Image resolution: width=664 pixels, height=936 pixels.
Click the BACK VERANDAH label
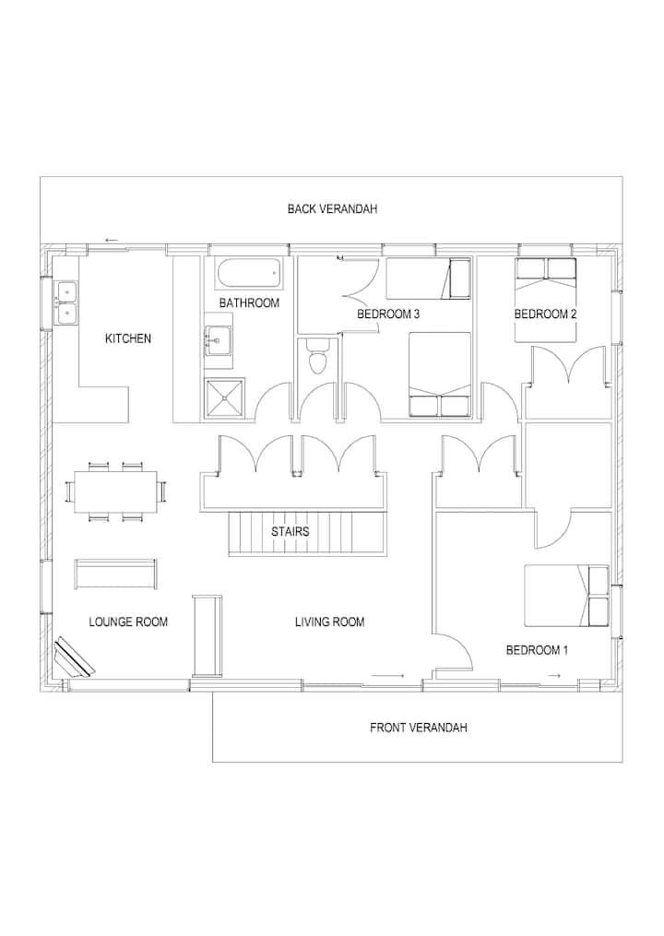tap(332, 209)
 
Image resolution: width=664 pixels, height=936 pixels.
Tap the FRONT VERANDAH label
tap(418, 728)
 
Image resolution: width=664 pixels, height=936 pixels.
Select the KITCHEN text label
tap(128, 338)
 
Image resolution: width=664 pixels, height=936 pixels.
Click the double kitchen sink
tap(66, 302)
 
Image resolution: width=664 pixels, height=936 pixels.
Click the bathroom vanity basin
tap(217, 340)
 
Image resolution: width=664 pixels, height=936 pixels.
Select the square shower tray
tap(224, 398)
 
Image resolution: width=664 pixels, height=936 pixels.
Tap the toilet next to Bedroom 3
tap(317, 355)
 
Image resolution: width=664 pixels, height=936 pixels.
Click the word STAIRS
tap(290, 531)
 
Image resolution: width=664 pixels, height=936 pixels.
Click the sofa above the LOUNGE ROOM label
tap(116, 575)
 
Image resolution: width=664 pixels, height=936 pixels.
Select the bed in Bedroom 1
tap(566, 596)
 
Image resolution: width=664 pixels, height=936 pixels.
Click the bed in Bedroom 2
tap(546, 301)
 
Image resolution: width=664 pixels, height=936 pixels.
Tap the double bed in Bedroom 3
tap(440, 374)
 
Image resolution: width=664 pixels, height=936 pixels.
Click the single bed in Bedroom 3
tap(428, 278)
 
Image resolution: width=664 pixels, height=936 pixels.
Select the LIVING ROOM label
tap(329, 622)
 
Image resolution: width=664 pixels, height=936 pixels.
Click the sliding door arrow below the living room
tap(387, 675)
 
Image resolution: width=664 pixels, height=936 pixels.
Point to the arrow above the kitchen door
tap(112, 241)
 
